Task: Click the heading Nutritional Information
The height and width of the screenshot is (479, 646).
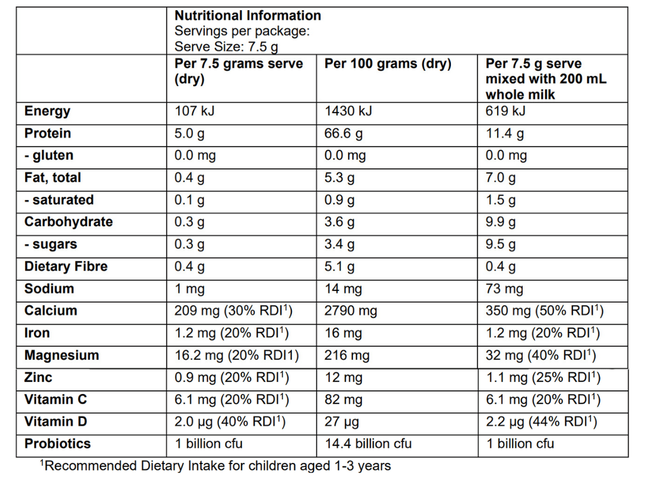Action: pos(248,16)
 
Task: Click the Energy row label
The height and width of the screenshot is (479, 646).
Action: pos(47,111)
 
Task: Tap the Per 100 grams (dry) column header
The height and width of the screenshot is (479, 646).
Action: pos(388,64)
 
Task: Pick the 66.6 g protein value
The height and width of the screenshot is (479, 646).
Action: pos(343,134)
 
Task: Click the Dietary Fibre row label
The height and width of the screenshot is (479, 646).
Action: pos(66,266)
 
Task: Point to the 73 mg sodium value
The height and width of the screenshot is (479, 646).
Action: pos(504,289)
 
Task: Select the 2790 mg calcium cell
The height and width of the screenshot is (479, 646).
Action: pos(351,311)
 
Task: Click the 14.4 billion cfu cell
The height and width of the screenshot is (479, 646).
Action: pos(368,444)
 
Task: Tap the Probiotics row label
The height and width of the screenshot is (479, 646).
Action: pos(57,444)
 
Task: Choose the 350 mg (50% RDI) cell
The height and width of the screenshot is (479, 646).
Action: pos(544,311)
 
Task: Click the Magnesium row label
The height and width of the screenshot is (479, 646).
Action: pos(62,356)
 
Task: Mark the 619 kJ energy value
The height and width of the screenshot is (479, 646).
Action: pos(505,111)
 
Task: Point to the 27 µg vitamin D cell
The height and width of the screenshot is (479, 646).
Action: pos(342,422)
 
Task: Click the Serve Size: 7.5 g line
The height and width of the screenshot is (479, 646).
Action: pos(226,47)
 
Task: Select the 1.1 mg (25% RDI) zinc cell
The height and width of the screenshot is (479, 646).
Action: pos(543,378)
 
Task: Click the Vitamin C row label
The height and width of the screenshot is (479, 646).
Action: pos(56,400)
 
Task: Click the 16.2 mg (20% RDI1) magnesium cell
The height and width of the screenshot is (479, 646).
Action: pos(236,356)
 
